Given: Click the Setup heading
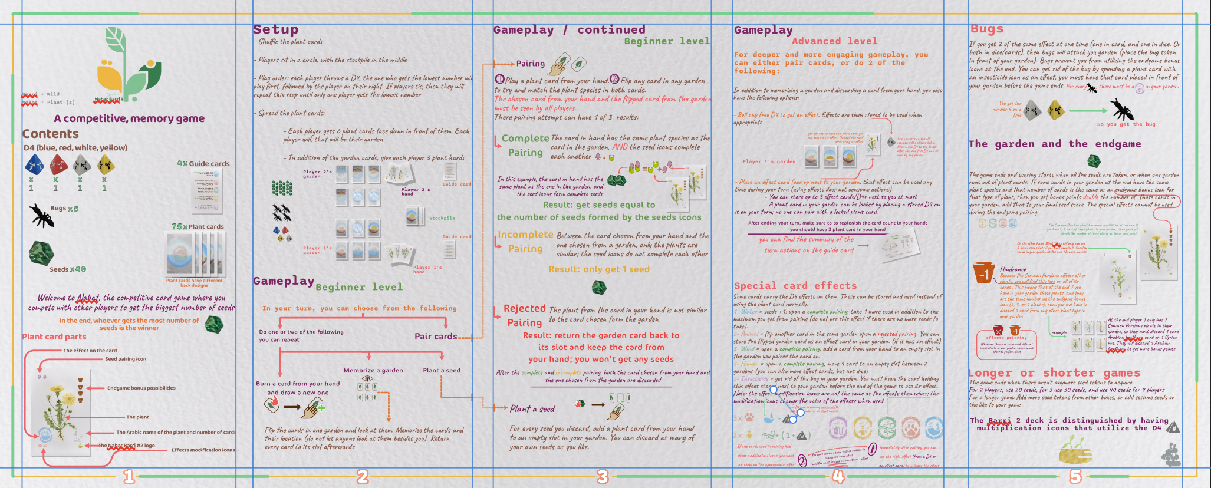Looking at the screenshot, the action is click(x=275, y=29).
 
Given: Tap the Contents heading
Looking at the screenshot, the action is click(x=50, y=134).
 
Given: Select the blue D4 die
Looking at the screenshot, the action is click(x=34, y=164).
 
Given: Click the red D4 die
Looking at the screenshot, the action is click(x=58, y=164).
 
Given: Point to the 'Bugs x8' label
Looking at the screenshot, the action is click(x=64, y=209).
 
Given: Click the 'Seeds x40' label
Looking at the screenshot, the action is click(x=67, y=269).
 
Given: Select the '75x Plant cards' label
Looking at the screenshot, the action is click(x=198, y=226).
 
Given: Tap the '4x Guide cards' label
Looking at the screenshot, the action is click(x=203, y=164).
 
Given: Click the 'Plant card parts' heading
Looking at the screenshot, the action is click(x=54, y=337).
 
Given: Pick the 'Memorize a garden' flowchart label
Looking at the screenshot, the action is click(x=373, y=371).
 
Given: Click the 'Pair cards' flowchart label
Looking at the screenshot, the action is click(x=436, y=337).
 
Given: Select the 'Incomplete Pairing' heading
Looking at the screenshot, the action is click(x=525, y=242).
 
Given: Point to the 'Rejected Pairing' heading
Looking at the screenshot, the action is click(x=525, y=315).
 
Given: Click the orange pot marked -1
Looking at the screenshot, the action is click(x=983, y=273).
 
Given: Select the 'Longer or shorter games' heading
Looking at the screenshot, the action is click(x=1054, y=373).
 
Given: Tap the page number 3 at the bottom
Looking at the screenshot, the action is click(x=602, y=477).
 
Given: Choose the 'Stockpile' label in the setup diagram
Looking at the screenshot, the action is click(x=442, y=218).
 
